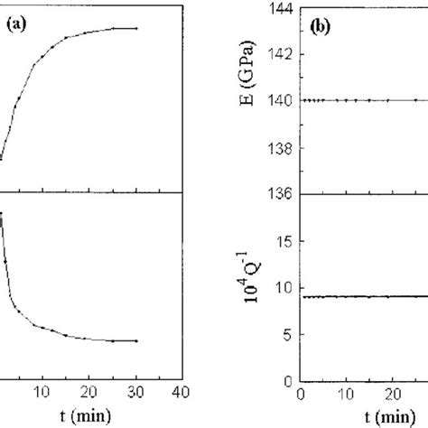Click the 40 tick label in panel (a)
coord(181,392)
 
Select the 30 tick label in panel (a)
coord(135,392)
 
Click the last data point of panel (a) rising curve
coord(136,28)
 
